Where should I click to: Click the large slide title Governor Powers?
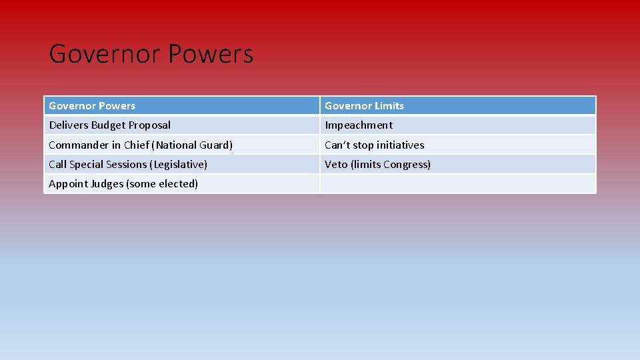pos(151,54)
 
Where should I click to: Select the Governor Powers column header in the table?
pos(92,106)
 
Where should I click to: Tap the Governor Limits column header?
pos(364,106)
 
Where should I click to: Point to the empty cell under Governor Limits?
pos(457,184)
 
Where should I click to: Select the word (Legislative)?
pos(179,165)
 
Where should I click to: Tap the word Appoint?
pos(67,184)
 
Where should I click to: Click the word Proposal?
pos(149,125)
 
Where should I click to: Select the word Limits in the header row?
pos(389,106)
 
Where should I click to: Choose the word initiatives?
pos(400,145)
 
